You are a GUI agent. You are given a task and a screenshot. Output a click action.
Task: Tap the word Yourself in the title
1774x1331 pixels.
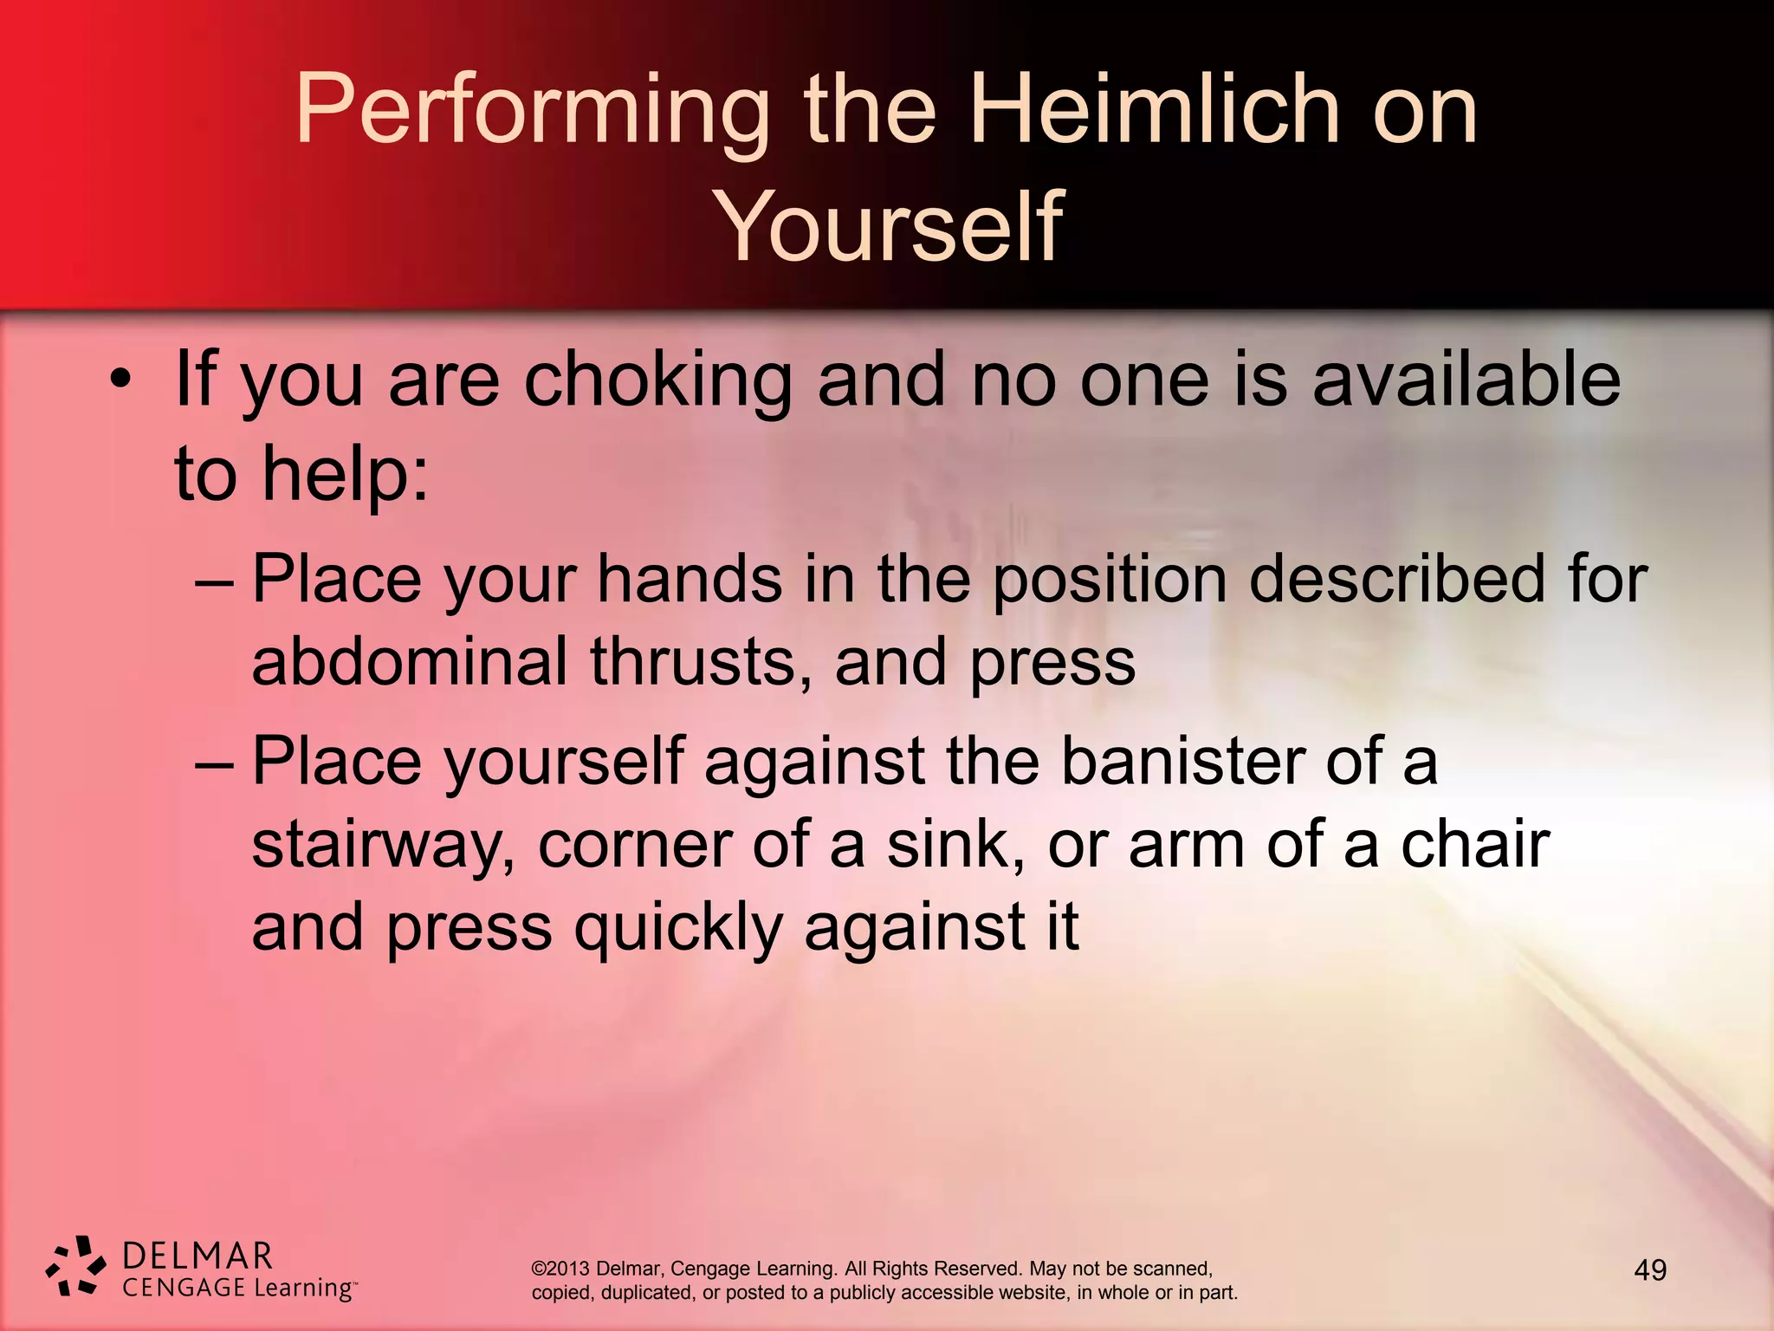pyautogui.click(x=888, y=227)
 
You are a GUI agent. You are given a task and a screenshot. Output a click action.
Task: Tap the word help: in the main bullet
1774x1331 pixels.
pyautogui.click(x=345, y=474)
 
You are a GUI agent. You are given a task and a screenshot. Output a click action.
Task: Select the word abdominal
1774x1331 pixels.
pyautogui.click(x=410, y=662)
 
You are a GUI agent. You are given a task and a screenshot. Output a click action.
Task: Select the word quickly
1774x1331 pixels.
pyautogui.click(x=678, y=928)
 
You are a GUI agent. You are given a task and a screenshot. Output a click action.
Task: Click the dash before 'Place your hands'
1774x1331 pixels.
pyautogui.click(x=214, y=581)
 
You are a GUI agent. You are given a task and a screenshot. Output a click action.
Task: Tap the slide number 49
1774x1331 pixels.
pyautogui.click(x=1650, y=1270)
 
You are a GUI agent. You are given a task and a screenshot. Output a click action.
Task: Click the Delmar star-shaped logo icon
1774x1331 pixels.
pyautogui.click(x=76, y=1266)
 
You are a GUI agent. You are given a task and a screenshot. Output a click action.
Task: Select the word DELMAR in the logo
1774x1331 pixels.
pyautogui.click(x=197, y=1256)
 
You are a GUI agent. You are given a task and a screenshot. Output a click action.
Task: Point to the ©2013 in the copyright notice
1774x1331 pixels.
pyautogui.click(x=560, y=1269)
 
